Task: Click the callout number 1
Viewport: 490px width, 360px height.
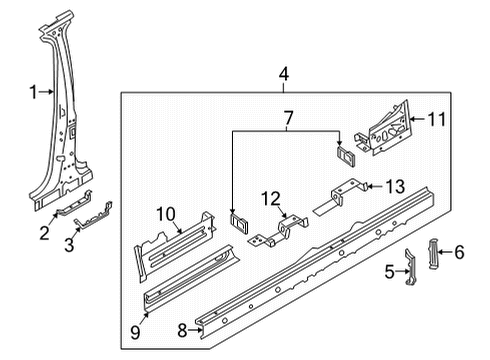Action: pos(33,92)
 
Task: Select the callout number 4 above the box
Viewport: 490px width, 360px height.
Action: pos(283,74)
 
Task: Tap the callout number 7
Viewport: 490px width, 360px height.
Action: pos(288,118)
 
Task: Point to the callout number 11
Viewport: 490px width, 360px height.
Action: pos(436,119)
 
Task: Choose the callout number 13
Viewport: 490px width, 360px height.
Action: pos(395,187)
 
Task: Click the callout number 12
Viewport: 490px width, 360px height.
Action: pos(271,199)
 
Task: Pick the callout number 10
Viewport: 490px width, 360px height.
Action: pos(166,214)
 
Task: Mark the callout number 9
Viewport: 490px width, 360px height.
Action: pos(135,332)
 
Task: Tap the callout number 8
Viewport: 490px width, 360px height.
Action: pos(182,331)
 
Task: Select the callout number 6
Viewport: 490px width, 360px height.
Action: pos(459,252)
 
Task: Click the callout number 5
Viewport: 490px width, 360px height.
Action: pos(389,272)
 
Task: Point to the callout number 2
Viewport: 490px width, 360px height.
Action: pos(45,233)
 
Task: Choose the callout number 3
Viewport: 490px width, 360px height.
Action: pos(69,245)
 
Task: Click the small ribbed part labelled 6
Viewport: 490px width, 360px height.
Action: pos(433,253)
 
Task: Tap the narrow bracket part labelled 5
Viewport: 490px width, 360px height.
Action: pos(411,267)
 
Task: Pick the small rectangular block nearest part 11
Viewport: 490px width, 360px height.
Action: pos(346,156)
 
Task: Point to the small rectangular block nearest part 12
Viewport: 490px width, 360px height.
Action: pos(239,224)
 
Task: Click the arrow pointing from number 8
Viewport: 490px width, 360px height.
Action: pos(195,331)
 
